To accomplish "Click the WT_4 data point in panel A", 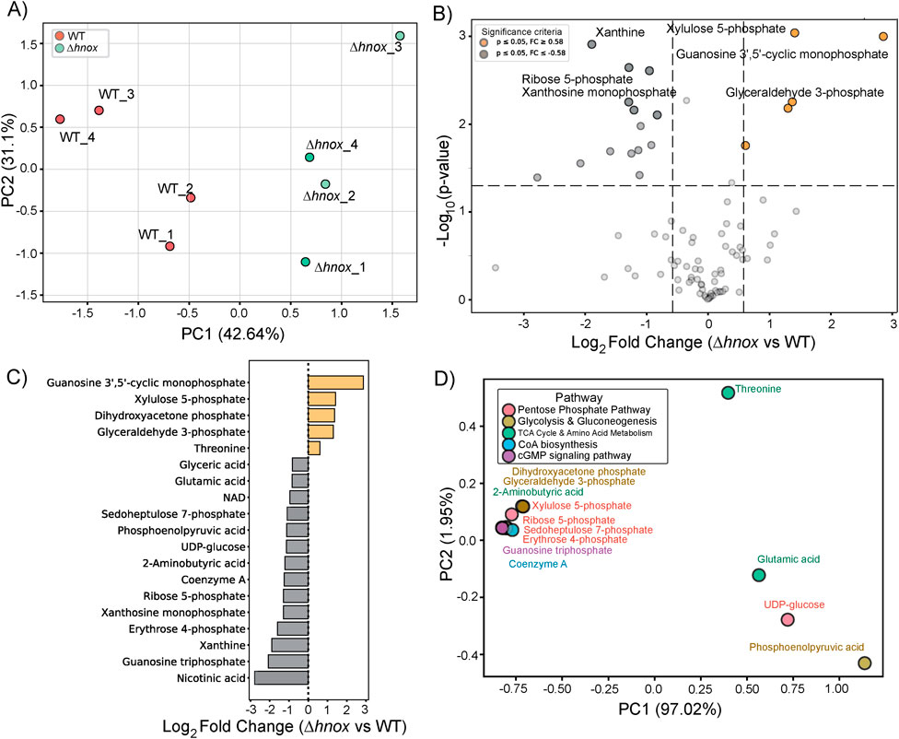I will tap(60, 119).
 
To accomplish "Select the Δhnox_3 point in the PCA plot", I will tap(400, 36).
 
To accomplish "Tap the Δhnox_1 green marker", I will tap(306, 262).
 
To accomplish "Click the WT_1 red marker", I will tap(169, 246).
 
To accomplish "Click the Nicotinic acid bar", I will tap(281, 678).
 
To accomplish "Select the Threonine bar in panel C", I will tap(314, 448).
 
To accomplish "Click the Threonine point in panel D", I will tap(728, 393).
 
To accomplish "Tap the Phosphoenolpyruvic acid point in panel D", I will tap(864, 663).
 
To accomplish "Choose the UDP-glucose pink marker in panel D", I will tap(788, 619).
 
